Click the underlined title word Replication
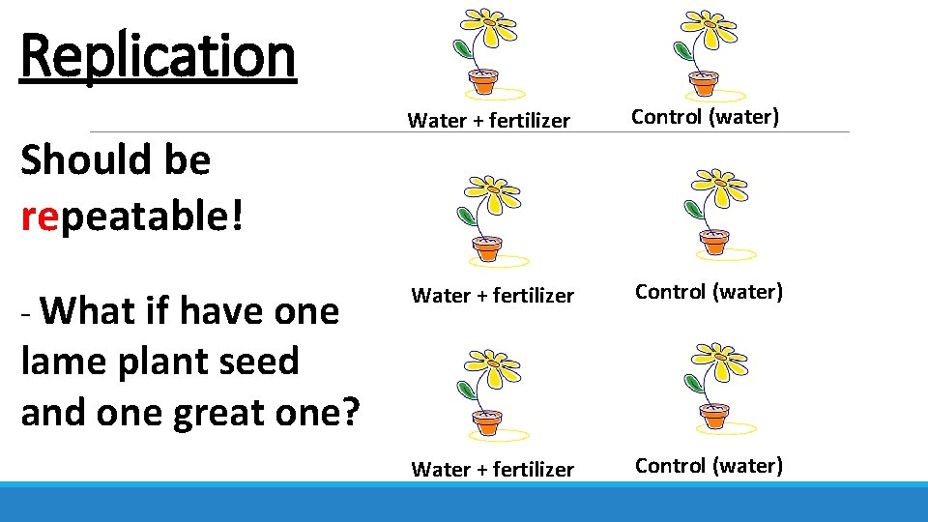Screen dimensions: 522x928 [x=158, y=56]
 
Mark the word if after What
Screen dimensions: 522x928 [x=158, y=311]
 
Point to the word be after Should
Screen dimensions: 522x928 [x=187, y=159]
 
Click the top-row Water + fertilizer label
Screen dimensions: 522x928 [x=489, y=121]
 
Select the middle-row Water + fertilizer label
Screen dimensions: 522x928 [x=493, y=296]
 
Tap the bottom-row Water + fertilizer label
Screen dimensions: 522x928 [x=493, y=470]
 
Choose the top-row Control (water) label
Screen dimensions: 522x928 [x=705, y=117]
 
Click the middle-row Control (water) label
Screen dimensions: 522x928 [x=709, y=291]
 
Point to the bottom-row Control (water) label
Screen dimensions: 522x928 [x=709, y=465]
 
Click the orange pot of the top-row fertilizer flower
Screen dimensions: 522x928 [x=481, y=82]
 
